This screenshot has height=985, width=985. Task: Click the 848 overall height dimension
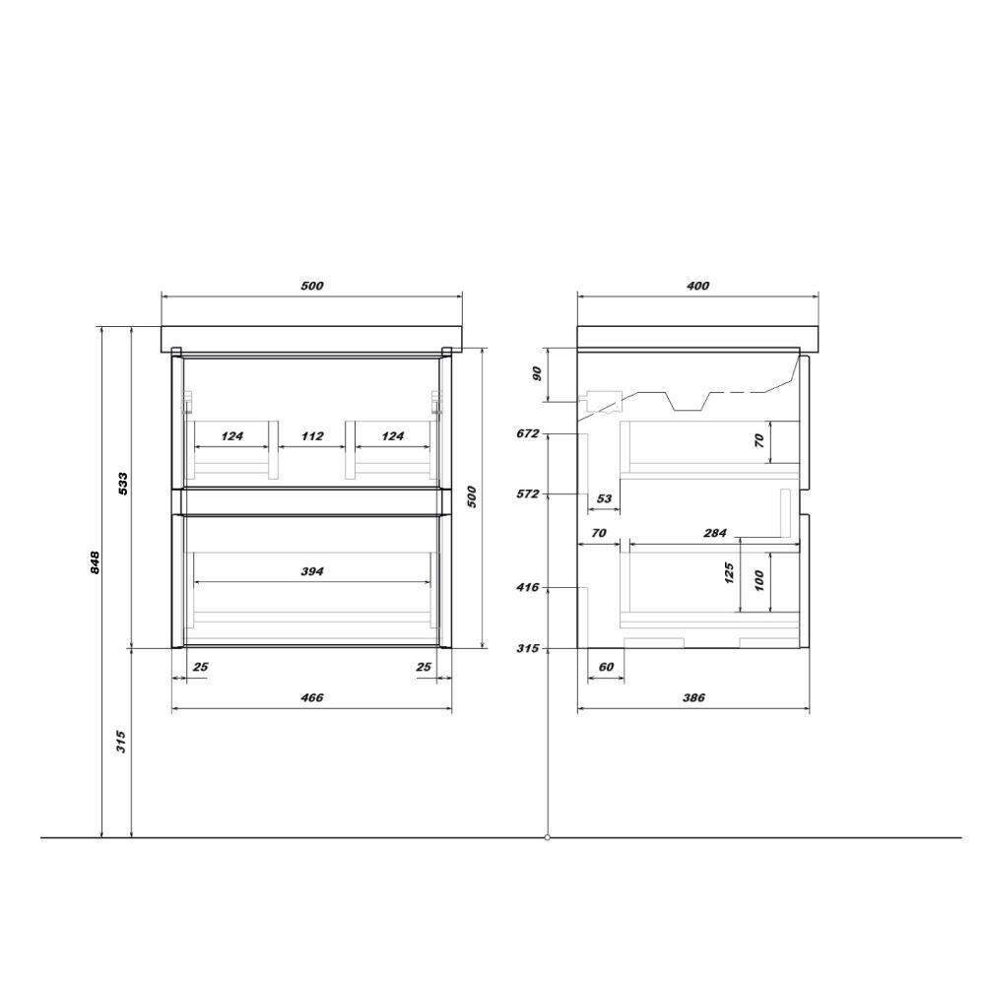pyautogui.click(x=95, y=562)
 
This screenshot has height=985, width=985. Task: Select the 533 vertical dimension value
pyautogui.click(x=123, y=483)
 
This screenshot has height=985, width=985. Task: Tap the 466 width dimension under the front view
pyautogui.click(x=312, y=697)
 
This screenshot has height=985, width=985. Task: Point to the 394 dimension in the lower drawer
pyautogui.click(x=312, y=571)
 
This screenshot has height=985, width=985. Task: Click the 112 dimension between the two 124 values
pyautogui.click(x=312, y=436)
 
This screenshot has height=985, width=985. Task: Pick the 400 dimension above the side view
pyautogui.click(x=698, y=286)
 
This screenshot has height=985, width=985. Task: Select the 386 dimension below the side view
pyautogui.click(x=693, y=697)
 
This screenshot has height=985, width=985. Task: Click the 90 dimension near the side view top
pyautogui.click(x=537, y=373)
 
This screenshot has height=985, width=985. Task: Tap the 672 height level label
pyautogui.click(x=528, y=433)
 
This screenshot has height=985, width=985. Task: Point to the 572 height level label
pyautogui.click(x=528, y=493)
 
